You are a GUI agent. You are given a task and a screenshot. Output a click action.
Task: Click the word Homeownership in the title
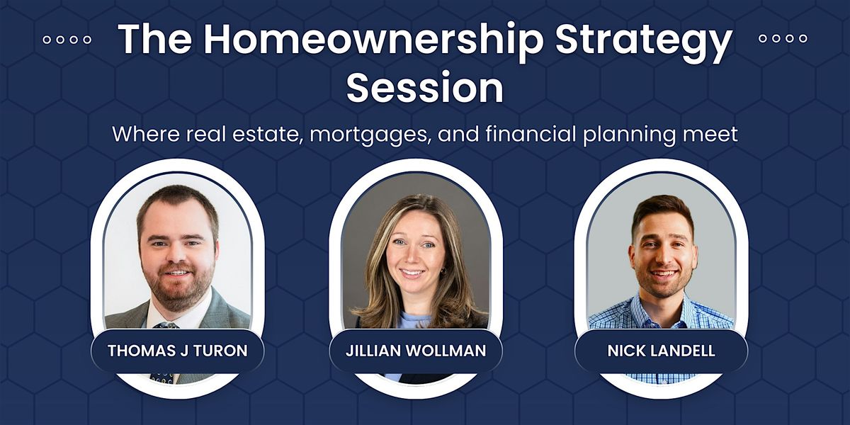tap(373, 40)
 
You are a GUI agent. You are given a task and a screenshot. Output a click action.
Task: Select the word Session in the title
tap(424, 88)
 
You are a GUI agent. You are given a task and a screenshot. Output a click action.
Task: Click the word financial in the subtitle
tap(531, 133)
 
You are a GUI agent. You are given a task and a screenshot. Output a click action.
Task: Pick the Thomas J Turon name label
tap(178, 351)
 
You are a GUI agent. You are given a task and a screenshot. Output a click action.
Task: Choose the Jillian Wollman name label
tap(416, 351)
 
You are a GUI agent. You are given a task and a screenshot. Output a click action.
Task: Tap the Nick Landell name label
tap(662, 351)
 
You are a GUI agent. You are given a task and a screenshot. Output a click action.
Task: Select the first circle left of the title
tap(47, 40)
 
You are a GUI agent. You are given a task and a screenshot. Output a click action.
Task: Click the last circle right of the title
tap(803, 38)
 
